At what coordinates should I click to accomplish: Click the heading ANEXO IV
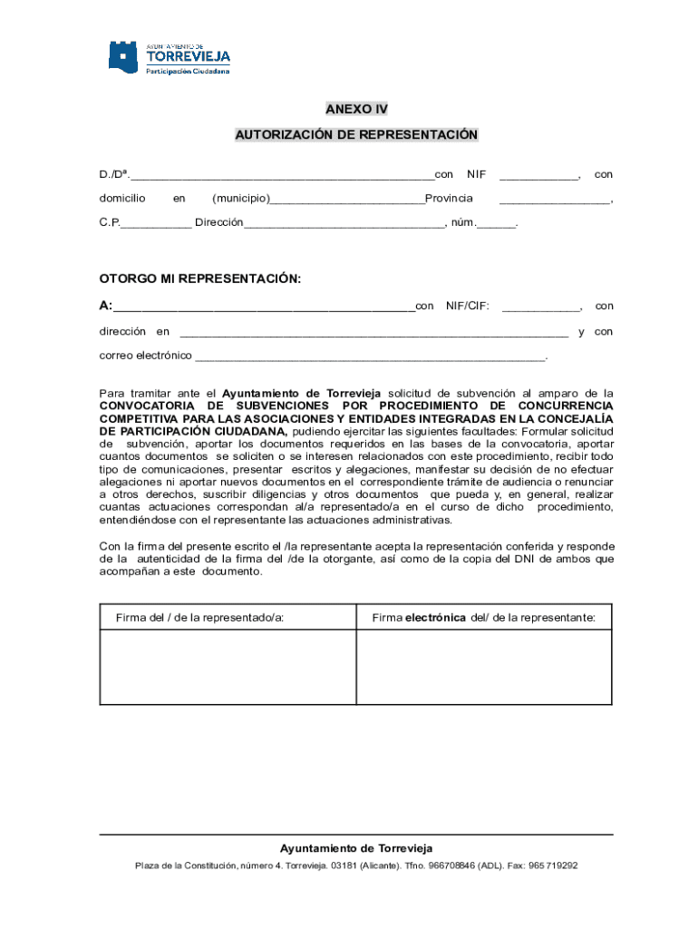(x=356, y=109)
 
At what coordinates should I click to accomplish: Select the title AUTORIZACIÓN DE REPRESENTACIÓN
(x=356, y=135)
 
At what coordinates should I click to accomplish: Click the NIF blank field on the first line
(x=539, y=175)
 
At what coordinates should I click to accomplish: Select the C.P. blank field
(x=156, y=223)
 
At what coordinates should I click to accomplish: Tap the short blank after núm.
(x=496, y=223)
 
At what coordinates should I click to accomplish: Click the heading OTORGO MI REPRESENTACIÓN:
(x=199, y=279)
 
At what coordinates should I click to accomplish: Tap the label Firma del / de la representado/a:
(x=199, y=618)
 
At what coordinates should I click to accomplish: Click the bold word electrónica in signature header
(x=436, y=618)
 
